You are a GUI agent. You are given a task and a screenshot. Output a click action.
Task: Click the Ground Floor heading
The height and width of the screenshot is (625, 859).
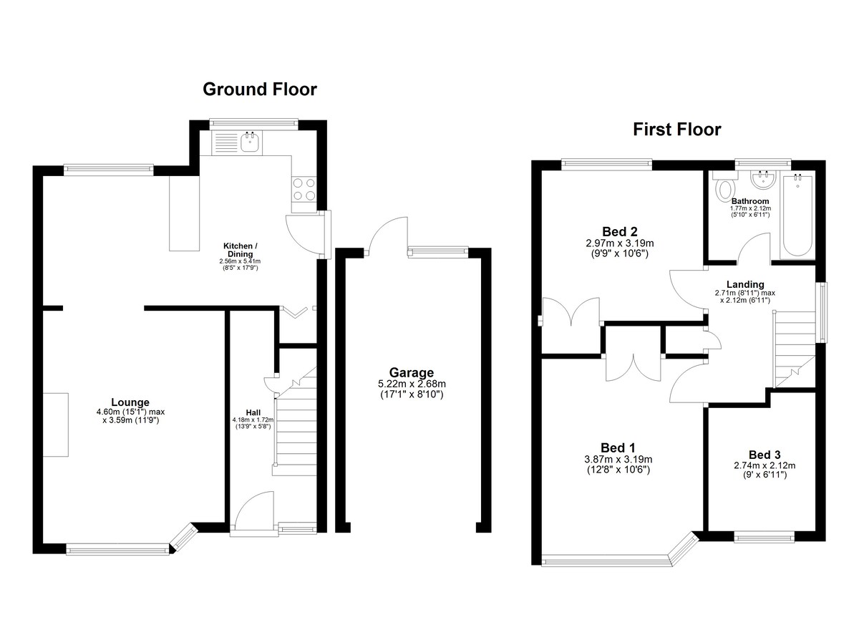point(260,89)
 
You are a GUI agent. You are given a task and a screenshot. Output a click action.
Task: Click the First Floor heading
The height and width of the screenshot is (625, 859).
point(677,130)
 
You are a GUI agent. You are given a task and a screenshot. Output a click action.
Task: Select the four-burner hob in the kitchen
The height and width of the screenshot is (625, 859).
point(304,190)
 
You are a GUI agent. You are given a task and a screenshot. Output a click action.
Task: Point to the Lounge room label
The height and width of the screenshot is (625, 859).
point(130,402)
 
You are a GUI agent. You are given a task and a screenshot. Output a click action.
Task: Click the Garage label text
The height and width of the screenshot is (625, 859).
point(411,372)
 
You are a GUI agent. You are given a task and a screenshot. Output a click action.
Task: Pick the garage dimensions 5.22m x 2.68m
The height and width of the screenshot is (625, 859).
point(412,384)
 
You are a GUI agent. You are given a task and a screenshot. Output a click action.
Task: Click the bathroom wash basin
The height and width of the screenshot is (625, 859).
point(763,180)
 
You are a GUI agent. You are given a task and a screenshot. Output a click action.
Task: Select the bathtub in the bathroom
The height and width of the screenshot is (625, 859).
point(797,215)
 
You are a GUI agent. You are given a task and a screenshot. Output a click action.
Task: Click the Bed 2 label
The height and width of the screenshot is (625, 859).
point(620,231)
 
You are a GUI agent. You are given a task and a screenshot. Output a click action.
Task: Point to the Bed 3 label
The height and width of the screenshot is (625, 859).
point(765,455)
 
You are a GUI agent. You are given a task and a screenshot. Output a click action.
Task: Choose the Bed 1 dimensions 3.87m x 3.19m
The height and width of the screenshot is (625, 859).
point(618,459)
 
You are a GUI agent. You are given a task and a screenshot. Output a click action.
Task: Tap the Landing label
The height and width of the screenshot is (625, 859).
point(745,284)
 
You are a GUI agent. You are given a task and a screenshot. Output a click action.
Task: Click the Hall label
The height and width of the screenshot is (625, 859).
point(253,412)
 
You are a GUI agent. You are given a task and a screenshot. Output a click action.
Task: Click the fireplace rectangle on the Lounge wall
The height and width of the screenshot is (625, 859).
point(56,425)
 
